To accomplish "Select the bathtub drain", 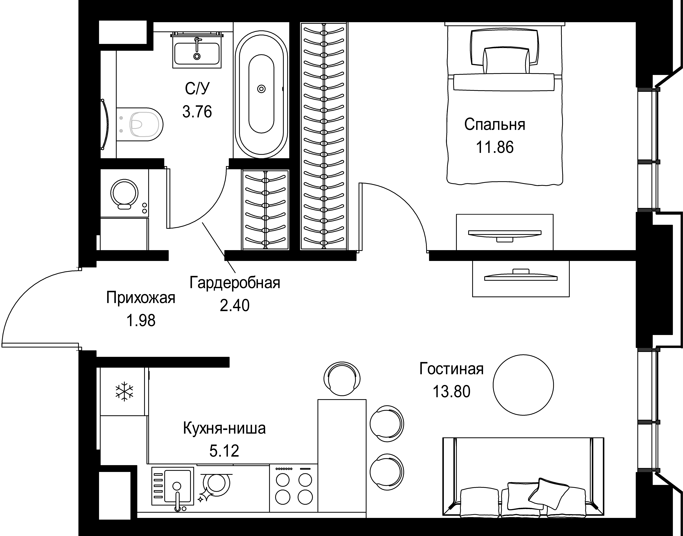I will [x=261, y=89].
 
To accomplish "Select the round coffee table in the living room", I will [x=523, y=385].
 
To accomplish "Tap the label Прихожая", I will [x=141, y=297].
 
